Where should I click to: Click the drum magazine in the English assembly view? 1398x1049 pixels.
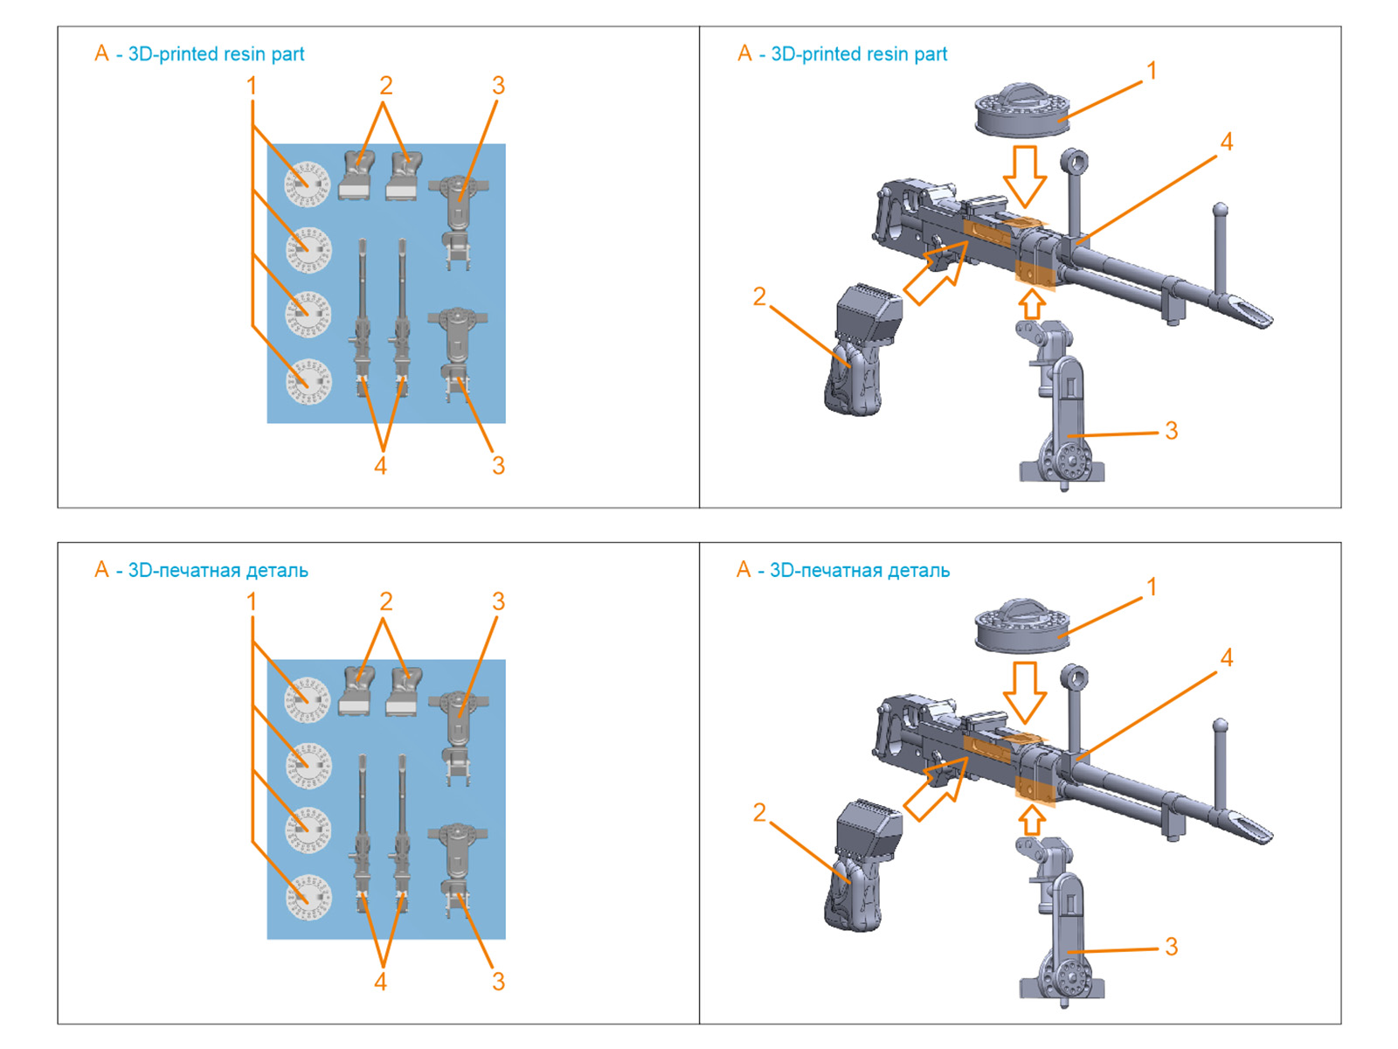tap(1021, 111)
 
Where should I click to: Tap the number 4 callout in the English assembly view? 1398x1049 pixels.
tap(1227, 142)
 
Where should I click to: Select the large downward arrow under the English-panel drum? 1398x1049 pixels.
tap(1024, 176)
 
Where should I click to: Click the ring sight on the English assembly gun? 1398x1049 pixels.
tap(1074, 163)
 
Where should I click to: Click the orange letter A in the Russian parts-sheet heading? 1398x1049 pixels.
tap(101, 570)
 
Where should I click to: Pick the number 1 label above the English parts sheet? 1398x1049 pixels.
tap(252, 86)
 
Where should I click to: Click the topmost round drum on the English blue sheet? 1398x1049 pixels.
tap(307, 184)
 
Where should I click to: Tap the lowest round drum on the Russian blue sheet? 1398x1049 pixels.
tap(308, 897)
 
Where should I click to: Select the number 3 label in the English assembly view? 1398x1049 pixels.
tap(1171, 431)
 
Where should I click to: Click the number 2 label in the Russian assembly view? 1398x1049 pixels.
tap(759, 813)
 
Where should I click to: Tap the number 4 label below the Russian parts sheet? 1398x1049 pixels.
tap(380, 982)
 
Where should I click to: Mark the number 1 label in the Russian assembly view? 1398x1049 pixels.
tap(1152, 587)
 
